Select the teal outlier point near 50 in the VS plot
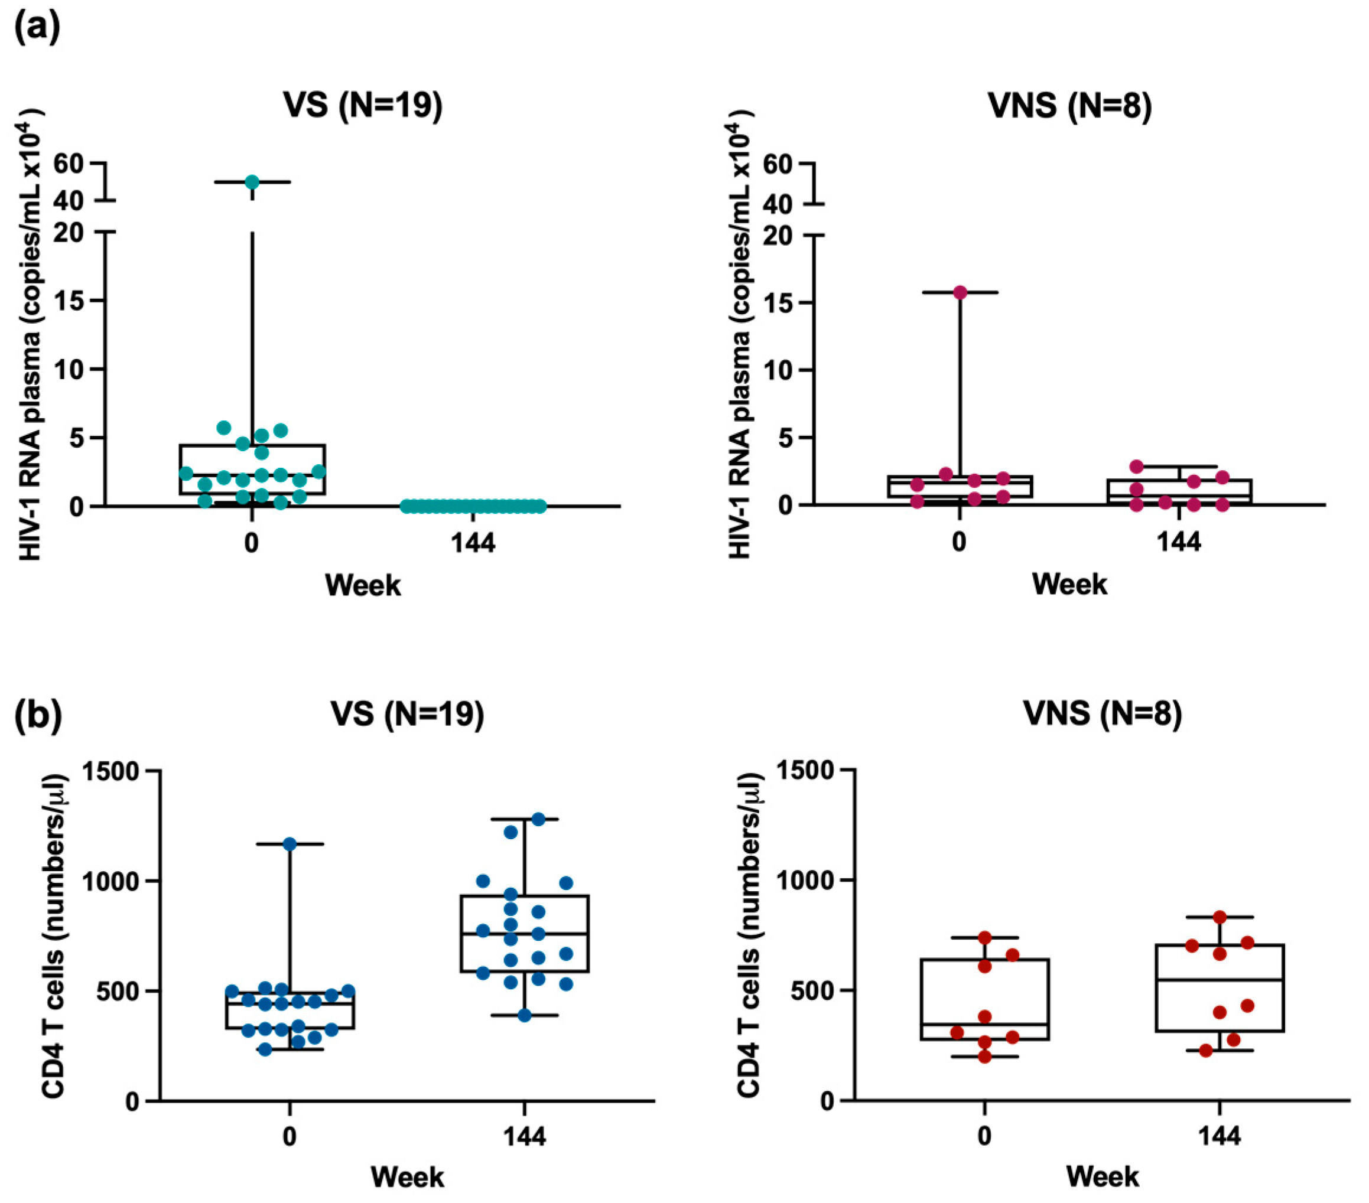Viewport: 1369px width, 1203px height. tap(252, 181)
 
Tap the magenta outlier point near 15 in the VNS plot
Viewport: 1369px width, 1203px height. tap(961, 292)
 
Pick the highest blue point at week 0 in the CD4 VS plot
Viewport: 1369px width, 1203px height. tap(290, 844)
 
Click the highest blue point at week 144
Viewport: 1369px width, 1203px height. tap(538, 819)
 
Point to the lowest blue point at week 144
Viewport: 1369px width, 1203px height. tap(525, 1016)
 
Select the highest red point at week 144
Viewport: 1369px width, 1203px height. tap(1220, 917)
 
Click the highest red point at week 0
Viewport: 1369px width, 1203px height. tap(984, 937)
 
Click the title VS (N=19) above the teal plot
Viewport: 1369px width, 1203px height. tap(363, 106)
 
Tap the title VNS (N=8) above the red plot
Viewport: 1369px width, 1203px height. tap(1069, 106)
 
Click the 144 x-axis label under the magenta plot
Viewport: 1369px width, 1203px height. tap(1179, 542)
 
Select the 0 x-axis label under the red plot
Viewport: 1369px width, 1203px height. tap(984, 1136)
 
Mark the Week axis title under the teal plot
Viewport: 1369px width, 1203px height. tap(362, 585)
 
